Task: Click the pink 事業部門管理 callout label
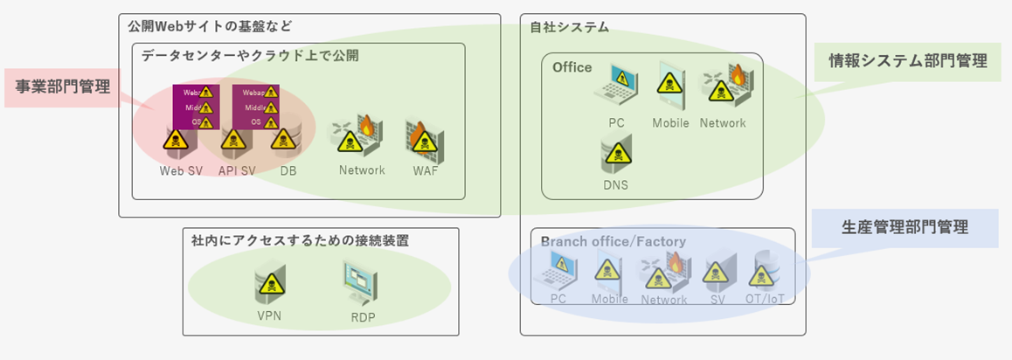click(x=63, y=87)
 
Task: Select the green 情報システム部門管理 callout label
click(x=907, y=61)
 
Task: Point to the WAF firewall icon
click(x=425, y=135)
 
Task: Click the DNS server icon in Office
click(x=615, y=154)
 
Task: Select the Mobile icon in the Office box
click(x=670, y=86)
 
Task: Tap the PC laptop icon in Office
click(x=617, y=86)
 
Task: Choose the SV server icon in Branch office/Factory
click(x=717, y=271)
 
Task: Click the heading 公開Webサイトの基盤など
click(x=210, y=26)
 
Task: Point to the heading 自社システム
click(x=569, y=27)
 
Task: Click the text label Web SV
click(x=181, y=170)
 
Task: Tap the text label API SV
click(x=237, y=170)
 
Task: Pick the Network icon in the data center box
click(x=357, y=135)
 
